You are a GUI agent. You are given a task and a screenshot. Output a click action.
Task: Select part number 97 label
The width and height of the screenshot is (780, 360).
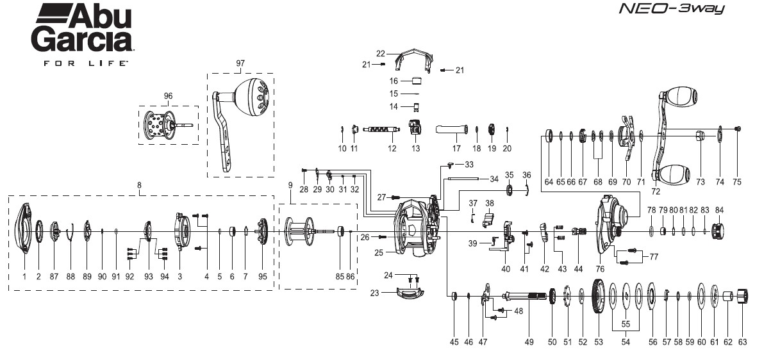pyautogui.click(x=240, y=63)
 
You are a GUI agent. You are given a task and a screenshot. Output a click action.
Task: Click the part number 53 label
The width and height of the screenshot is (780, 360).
pyautogui.click(x=599, y=343)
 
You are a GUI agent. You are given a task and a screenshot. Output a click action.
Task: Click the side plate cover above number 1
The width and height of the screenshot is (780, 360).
pyautogui.click(x=24, y=228)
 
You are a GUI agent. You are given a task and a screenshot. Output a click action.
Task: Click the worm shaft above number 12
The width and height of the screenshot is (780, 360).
pyautogui.click(x=382, y=130)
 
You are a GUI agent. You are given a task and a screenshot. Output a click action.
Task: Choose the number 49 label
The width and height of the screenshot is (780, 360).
pyautogui.click(x=529, y=343)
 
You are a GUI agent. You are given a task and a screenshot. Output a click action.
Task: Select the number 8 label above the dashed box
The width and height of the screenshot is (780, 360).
pyautogui.click(x=140, y=185)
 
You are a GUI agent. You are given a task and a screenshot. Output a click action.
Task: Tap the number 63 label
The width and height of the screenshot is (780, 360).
pyautogui.click(x=742, y=343)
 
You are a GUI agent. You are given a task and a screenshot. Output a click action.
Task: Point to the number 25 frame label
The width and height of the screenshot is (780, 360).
pyautogui.click(x=379, y=253)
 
